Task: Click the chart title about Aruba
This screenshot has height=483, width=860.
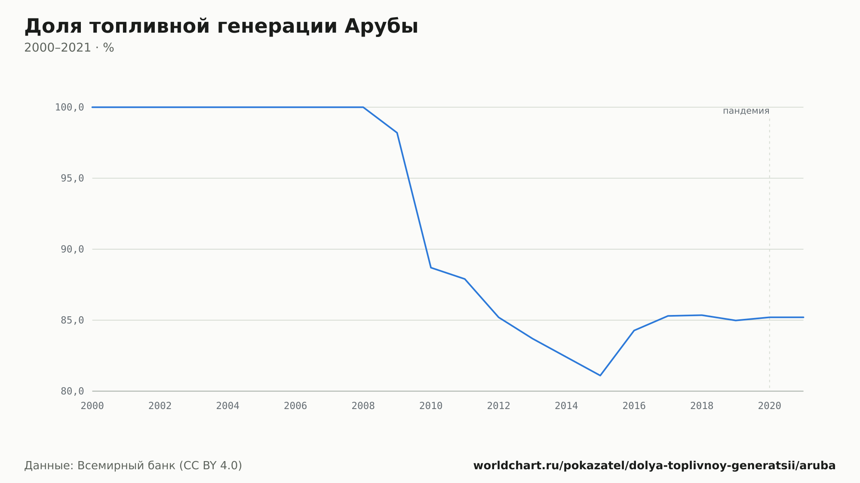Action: (x=221, y=27)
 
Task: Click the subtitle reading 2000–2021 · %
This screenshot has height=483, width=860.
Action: (x=69, y=48)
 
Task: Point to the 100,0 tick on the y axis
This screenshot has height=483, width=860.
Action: (x=69, y=107)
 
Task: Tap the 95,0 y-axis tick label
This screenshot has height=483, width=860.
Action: (x=72, y=178)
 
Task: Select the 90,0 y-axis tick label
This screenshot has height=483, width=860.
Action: (x=72, y=249)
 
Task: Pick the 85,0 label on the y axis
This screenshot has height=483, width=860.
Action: (x=72, y=320)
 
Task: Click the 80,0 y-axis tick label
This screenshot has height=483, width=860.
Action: (x=72, y=391)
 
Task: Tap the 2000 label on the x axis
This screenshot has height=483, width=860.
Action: (x=92, y=406)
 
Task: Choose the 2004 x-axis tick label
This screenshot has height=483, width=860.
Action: (x=228, y=406)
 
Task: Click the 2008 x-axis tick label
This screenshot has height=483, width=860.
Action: (x=363, y=406)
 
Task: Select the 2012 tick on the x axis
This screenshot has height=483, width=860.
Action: (x=499, y=406)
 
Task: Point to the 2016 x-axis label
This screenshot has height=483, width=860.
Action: (x=634, y=406)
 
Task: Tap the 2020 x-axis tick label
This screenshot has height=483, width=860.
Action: (x=770, y=406)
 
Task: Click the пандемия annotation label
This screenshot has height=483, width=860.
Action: (x=746, y=111)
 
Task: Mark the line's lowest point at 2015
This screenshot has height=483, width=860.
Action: (x=600, y=376)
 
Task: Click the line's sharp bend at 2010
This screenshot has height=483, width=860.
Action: (x=431, y=268)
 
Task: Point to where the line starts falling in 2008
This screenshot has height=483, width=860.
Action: (x=363, y=107)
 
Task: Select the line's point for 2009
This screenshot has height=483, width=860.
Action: (x=397, y=133)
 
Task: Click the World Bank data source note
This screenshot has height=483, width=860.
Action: (x=133, y=466)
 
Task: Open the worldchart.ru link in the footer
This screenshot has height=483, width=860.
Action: (x=654, y=466)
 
